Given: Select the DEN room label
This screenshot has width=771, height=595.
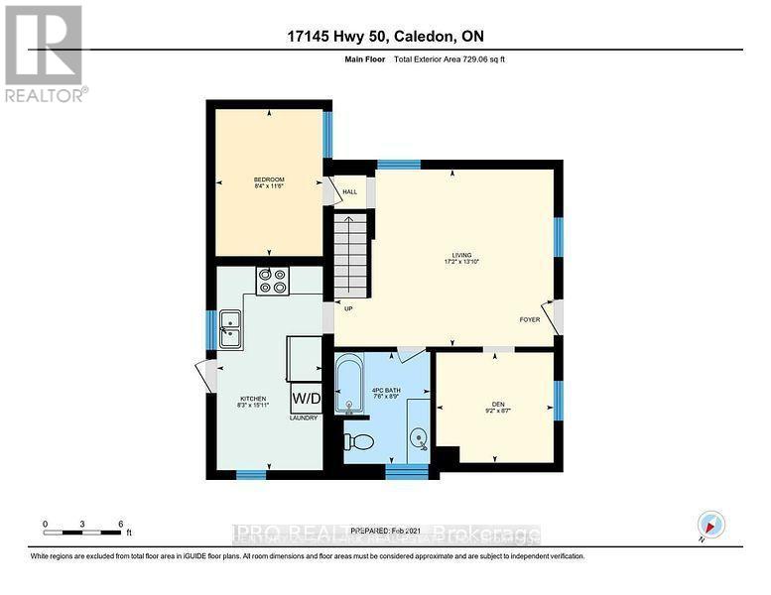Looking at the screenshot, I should [498, 407].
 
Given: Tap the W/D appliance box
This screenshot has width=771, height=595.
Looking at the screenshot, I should [306, 399].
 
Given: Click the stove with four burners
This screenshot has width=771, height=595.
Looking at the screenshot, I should [272, 282].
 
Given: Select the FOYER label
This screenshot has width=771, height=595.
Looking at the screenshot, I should [531, 319].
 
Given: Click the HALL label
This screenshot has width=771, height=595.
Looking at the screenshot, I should [349, 192].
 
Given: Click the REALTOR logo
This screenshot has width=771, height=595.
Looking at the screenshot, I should [45, 54].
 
